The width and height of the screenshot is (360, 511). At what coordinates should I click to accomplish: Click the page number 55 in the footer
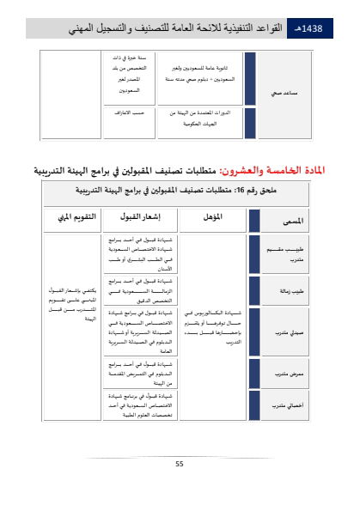180,464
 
